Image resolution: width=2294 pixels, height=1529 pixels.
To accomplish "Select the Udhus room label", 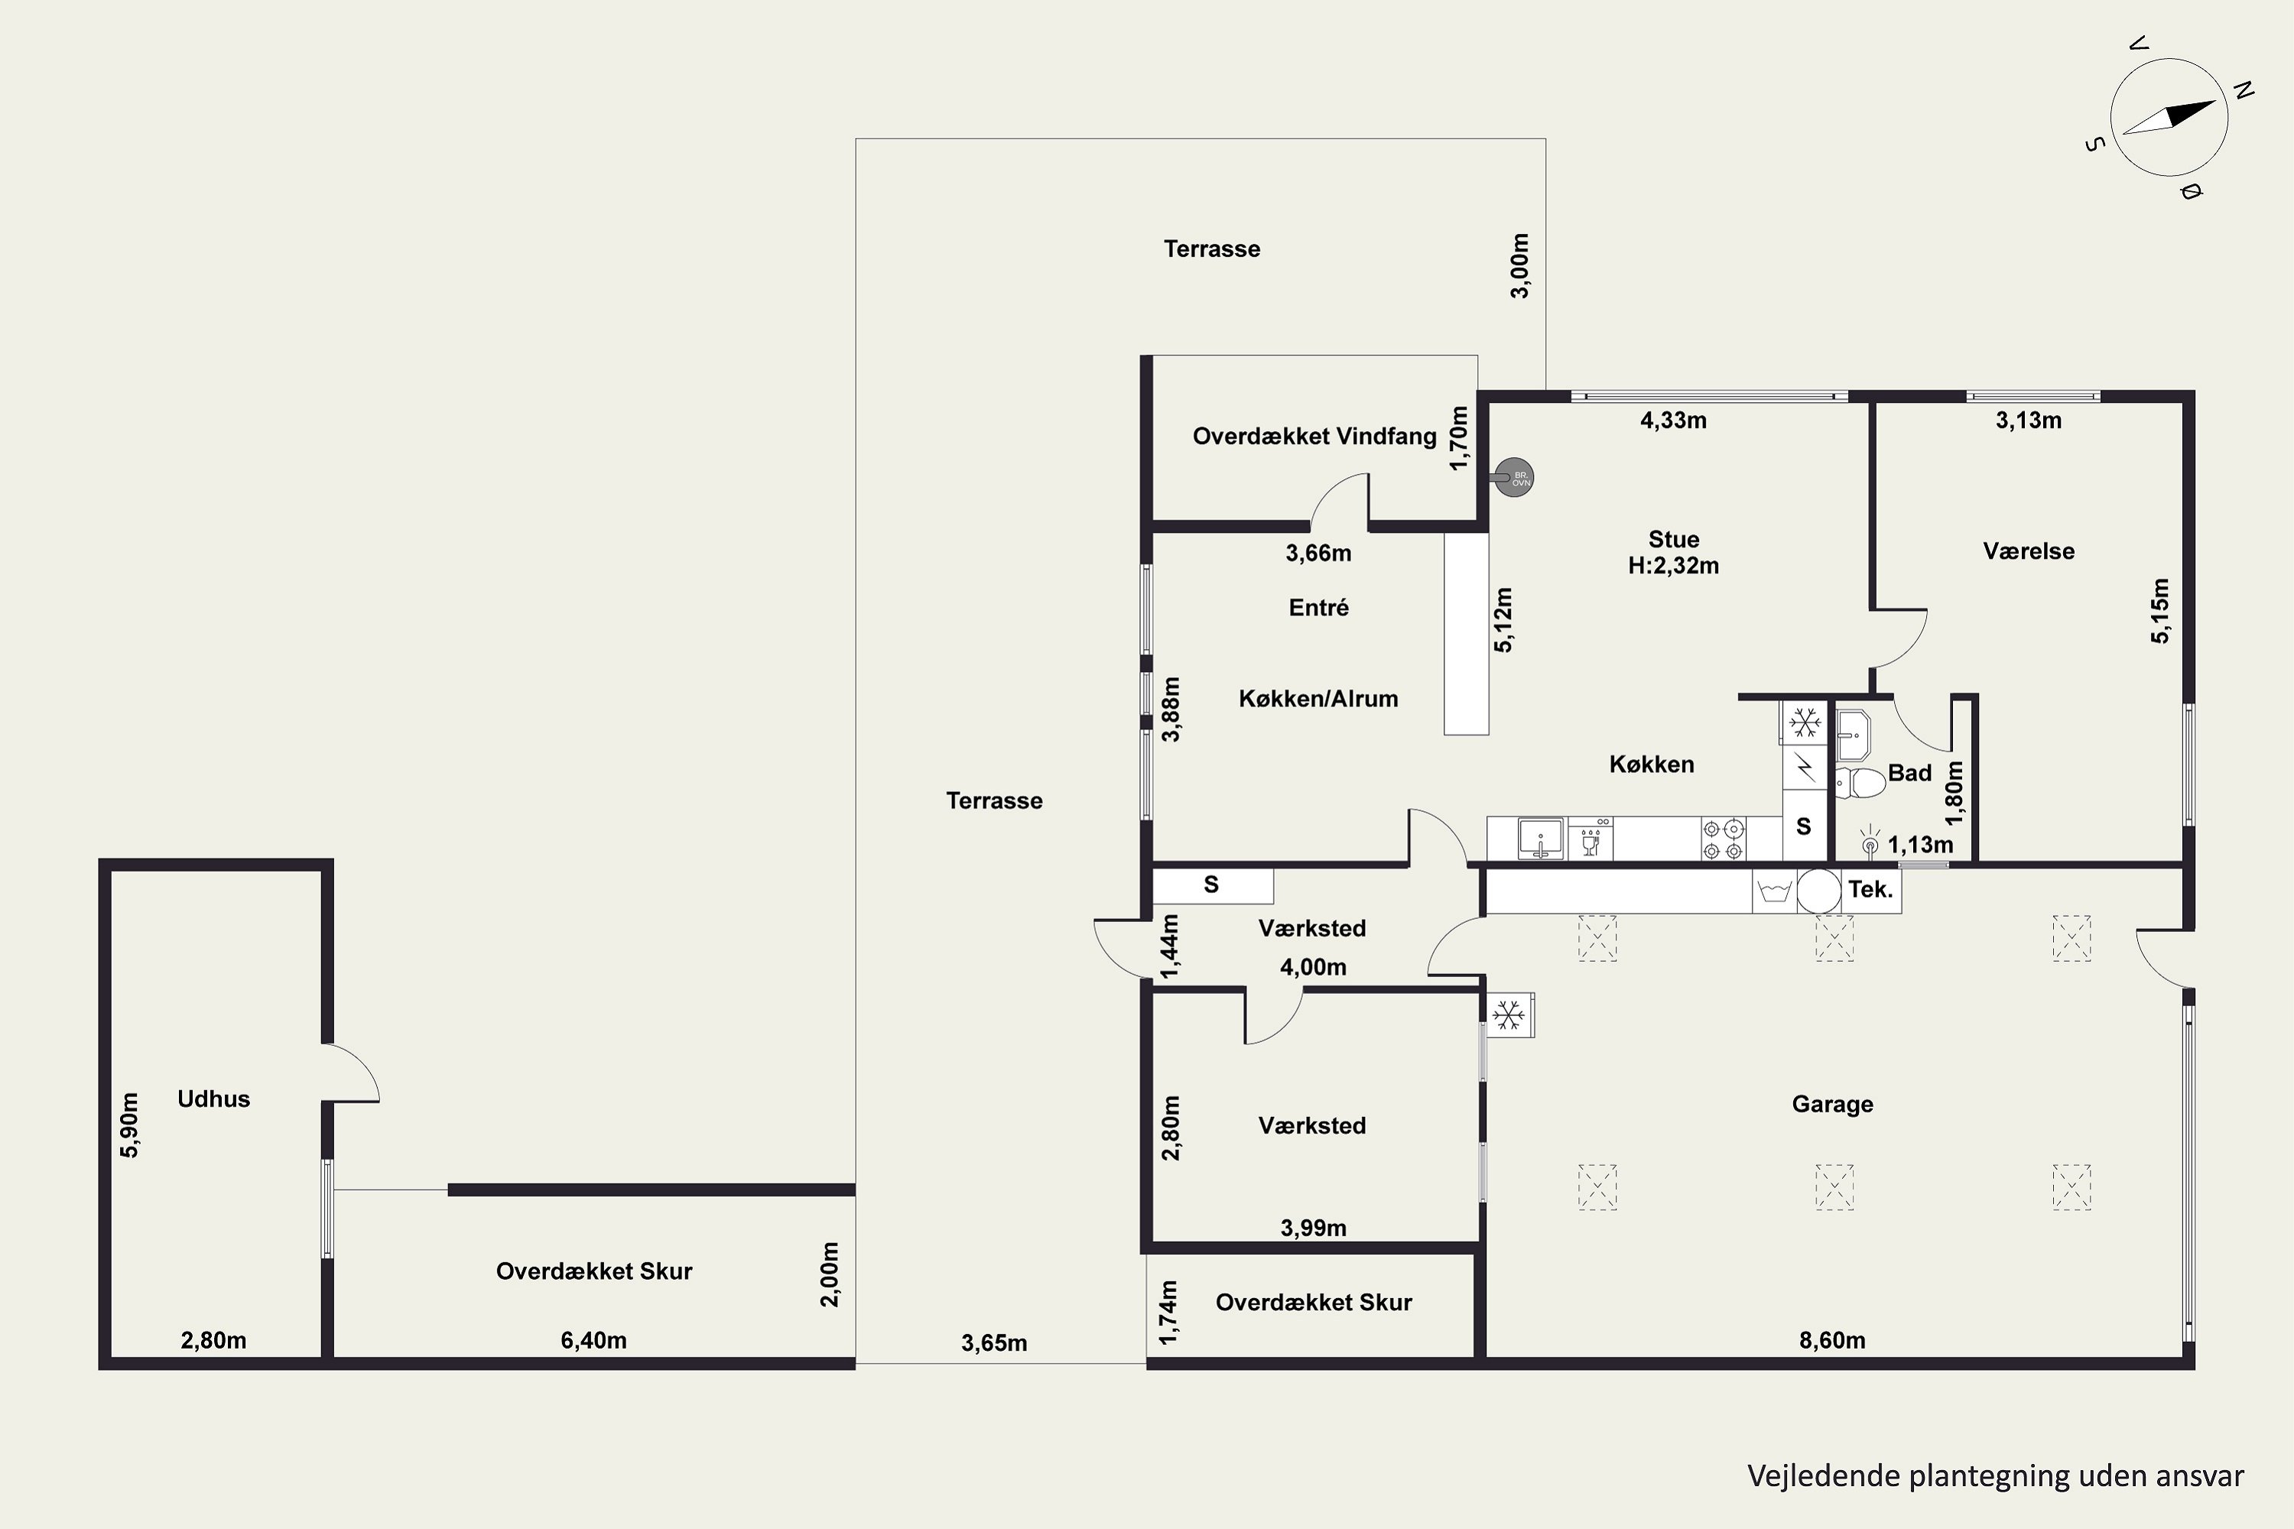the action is pos(213,1099).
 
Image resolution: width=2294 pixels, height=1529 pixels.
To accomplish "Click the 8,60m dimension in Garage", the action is pos(1831,1340).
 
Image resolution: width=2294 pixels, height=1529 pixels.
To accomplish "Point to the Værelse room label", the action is pos(2029,551).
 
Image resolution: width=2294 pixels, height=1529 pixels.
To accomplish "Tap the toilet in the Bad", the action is pos(1860,783).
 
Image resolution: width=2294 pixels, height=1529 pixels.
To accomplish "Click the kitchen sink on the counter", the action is pos(1541,839).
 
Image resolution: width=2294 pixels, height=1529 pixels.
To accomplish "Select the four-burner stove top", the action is pos(1723,839).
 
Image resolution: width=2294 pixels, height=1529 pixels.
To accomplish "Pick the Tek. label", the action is pos(1870,889).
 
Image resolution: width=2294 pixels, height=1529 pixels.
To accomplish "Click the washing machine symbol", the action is pos(1774,891).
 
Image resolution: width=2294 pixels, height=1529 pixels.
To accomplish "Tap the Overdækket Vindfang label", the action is pos(1314,436).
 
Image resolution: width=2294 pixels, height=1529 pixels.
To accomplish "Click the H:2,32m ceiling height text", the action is pos(1674,566).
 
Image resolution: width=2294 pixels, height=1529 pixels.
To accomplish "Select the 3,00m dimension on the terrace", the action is pos(1519,265).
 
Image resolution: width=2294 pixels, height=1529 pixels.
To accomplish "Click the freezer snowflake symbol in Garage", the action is pos(1509,1015).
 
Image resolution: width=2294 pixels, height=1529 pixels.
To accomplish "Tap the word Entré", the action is pos(1318,608).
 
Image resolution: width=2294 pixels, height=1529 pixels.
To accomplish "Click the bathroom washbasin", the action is pos(1852,735).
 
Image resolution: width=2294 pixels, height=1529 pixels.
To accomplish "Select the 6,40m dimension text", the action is pos(593,1340).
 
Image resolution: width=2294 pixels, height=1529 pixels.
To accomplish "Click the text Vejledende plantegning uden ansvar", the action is pos(1996,1476).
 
